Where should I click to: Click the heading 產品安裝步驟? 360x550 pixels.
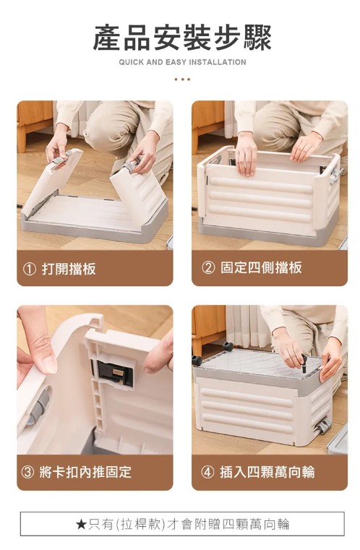click(x=182, y=38)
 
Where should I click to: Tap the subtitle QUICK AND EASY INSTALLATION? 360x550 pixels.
click(x=182, y=62)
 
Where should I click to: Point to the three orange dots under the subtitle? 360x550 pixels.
click(x=182, y=80)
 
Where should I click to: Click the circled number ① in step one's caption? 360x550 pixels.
click(x=30, y=269)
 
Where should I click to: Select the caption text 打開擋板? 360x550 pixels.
click(x=69, y=269)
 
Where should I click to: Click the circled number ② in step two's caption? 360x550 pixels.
click(x=208, y=267)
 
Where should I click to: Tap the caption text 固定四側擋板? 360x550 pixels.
click(x=261, y=267)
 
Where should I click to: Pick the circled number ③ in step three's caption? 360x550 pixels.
click(x=27, y=472)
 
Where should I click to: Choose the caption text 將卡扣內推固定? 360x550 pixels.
click(x=85, y=472)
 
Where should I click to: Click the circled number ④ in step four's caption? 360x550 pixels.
click(x=207, y=472)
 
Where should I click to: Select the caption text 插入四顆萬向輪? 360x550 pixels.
click(x=267, y=472)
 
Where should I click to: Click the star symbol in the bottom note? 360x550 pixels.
click(x=81, y=525)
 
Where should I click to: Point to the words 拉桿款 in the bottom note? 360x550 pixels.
click(x=142, y=525)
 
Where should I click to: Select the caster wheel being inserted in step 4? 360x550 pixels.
click(x=304, y=364)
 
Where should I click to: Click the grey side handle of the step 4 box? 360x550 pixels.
click(x=322, y=426)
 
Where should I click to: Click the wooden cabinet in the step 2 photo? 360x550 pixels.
click(x=208, y=123)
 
